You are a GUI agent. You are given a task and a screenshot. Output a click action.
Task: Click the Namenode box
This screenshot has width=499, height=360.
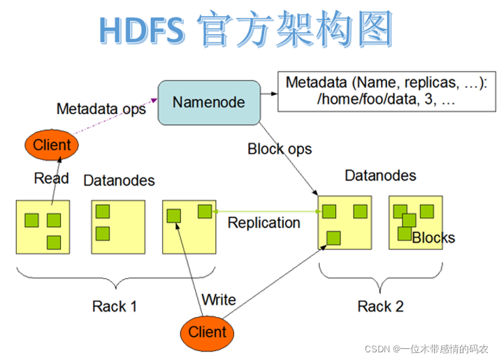coord(208,103)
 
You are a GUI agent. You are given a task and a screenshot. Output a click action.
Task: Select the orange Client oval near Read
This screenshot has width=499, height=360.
coord(52,145)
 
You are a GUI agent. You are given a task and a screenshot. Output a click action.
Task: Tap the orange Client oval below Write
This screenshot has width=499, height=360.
coord(208,331)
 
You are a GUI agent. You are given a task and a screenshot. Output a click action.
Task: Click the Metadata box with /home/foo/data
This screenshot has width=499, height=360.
coord(386,92)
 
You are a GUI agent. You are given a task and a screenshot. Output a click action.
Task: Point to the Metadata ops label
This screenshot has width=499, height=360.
coord(101,109)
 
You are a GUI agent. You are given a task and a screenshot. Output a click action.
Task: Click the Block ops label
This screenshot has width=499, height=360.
coord(280,149)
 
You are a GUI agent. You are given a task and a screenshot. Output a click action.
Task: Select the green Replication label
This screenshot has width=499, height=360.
coord(264,222)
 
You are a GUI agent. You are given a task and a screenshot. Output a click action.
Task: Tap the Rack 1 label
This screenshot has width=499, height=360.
coord(115,306)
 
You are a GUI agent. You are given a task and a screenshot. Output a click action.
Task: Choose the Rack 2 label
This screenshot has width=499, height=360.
coord(380,306)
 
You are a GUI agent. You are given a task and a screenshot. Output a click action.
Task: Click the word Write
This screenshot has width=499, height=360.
coord(219,300)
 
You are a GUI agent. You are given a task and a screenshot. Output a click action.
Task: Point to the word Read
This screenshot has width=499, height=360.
coord(52,178)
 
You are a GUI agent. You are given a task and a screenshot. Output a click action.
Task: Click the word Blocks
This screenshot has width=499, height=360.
coord(433,238)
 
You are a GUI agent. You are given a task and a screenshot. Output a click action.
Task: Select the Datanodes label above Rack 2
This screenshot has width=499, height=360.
coord(380,175)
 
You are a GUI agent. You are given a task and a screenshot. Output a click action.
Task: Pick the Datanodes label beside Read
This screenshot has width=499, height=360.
coord(119,180)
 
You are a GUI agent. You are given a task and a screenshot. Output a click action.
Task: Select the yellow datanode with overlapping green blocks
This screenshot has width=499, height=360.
coord(415,224)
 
